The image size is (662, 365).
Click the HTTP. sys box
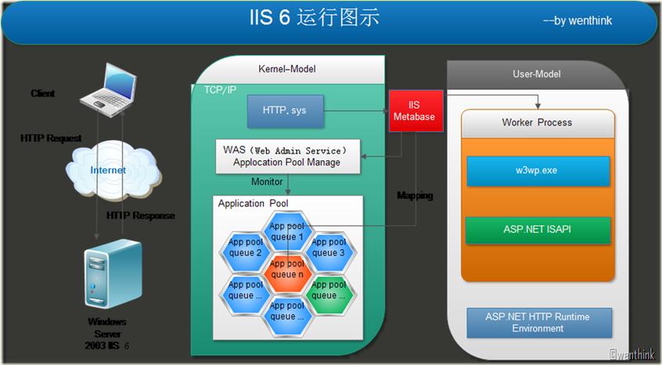[285, 111]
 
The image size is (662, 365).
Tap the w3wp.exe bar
[538, 170]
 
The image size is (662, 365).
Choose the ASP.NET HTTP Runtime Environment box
[538, 322]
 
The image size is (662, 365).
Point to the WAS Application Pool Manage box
[287, 156]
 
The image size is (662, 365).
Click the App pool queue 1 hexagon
[286, 231]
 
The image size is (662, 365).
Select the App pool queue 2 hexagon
[246, 247]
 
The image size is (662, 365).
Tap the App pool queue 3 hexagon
[328, 247]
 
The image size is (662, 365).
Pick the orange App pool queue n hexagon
[286, 269]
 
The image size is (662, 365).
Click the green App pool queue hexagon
[328, 290]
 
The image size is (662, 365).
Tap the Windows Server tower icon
[112, 276]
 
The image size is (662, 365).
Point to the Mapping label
[415, 195]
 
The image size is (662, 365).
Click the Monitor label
[267, 182]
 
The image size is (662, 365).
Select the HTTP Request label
[51, 138]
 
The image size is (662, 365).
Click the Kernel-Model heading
[287, 70]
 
